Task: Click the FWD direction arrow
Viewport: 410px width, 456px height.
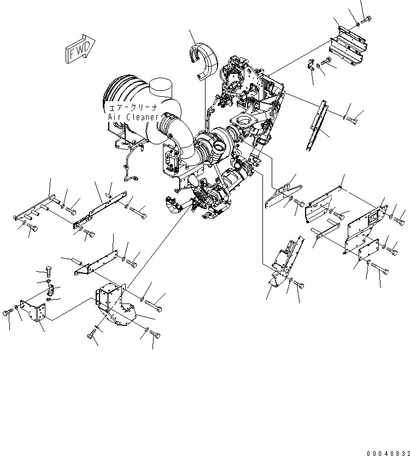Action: (80, 49)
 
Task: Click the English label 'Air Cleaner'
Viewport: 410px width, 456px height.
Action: (133, 117)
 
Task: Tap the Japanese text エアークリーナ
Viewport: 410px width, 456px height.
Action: (133, 108)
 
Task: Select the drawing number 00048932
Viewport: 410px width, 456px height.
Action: (388, 453)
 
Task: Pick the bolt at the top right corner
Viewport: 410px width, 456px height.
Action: (366, 20)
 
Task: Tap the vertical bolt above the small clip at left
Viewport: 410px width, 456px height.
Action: (48, 271)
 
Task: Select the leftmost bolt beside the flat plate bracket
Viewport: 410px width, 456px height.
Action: (8, 313)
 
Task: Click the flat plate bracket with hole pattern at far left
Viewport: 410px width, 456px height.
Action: (33, 312)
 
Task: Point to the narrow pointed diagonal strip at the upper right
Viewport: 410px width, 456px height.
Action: (317, 125)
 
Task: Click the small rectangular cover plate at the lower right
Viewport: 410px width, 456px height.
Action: (368, 250)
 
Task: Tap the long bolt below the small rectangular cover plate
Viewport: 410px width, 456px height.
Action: (380, 269)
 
